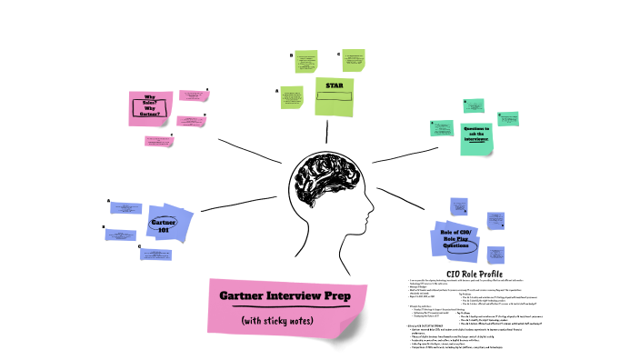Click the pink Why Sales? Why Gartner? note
150,108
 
